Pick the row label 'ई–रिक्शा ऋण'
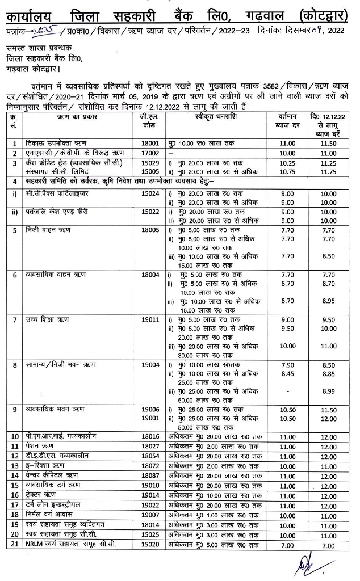(45, 465)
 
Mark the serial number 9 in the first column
(14, 409)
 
